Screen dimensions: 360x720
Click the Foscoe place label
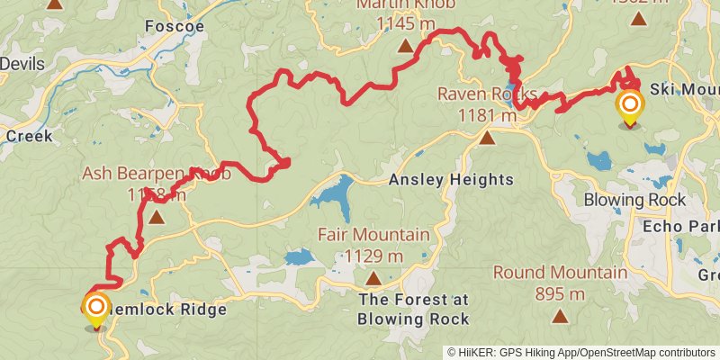174,27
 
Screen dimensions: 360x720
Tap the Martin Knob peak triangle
405,45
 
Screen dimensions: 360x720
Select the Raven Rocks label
487,94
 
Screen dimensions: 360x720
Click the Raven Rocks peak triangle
487,138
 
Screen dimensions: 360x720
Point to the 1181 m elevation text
487,114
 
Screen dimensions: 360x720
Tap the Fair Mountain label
373,235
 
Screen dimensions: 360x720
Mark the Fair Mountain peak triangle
373,279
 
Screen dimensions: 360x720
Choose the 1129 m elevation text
373,256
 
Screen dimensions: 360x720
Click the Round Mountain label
560,273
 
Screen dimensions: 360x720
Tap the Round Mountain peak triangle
560,316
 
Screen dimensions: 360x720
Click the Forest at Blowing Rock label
413,310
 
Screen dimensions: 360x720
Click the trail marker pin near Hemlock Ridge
95,309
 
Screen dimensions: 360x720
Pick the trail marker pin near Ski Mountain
628,106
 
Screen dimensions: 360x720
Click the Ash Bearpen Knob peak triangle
157,217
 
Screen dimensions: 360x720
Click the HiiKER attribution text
581,352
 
